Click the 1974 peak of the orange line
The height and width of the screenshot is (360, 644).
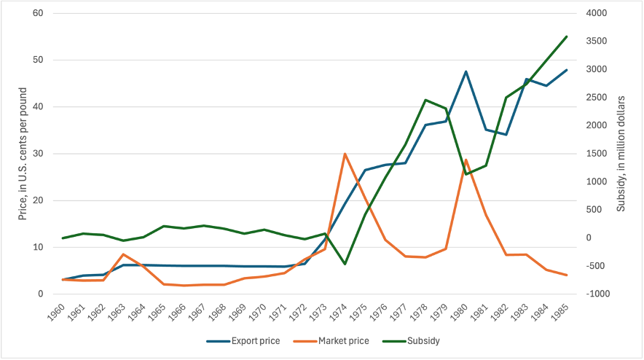345,154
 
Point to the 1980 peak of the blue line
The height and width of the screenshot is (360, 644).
466,71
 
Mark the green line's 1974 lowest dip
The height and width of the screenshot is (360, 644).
345,264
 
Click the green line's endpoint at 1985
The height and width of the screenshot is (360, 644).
567,36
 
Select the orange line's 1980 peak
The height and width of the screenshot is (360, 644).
466,160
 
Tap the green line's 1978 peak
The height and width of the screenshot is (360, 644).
425,100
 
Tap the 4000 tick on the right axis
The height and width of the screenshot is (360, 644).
597,13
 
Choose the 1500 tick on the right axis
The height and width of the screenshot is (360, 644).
597,154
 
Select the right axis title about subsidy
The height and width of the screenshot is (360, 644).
621,154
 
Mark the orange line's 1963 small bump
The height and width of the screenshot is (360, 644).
124,254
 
